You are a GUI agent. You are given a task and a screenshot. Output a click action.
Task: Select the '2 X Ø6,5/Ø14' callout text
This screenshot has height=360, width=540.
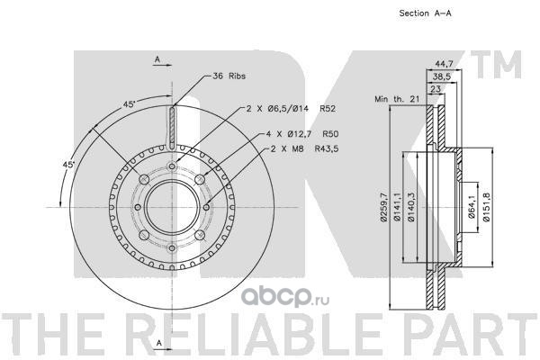pos(274,109)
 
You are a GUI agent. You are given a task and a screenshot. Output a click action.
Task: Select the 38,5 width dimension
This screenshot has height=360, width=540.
pos(441,76)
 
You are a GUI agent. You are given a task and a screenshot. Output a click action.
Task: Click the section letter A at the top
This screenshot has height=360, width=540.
pos(157,59)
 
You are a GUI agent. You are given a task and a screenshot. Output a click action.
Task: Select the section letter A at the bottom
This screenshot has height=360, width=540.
pos(158,344)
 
